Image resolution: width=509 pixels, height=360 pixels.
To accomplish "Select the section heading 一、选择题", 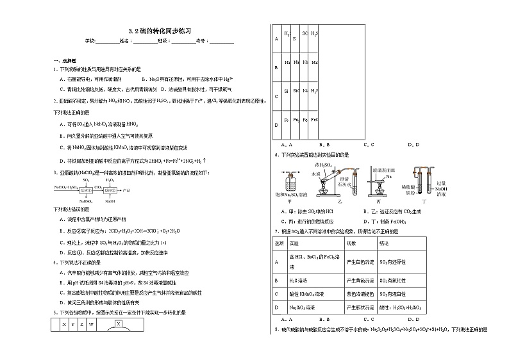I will [65, 60].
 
